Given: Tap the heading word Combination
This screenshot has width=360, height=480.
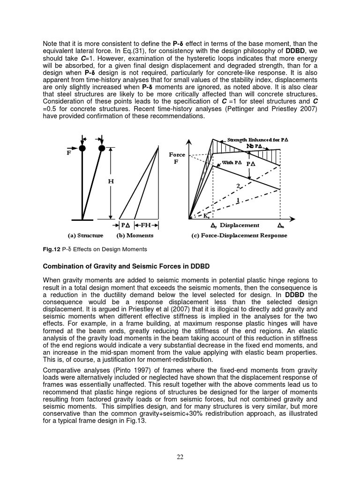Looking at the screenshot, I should (64, 266).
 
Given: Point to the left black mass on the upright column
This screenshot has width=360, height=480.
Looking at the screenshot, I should (82, 148).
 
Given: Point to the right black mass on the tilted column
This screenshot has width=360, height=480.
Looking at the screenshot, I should (101, 148).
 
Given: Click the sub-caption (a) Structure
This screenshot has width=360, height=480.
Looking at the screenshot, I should (83, 235).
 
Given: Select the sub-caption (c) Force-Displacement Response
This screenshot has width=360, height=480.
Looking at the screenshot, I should (239, 235).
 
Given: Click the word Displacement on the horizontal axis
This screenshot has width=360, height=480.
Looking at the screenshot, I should (239, 225).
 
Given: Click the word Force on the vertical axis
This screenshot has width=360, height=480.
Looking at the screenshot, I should (177, 155).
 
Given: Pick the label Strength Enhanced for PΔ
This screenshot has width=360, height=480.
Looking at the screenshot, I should (257, 140).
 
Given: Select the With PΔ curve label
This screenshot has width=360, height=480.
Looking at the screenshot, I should (232, 163).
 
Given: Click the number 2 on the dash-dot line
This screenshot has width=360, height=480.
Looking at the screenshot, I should (238, 186).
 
